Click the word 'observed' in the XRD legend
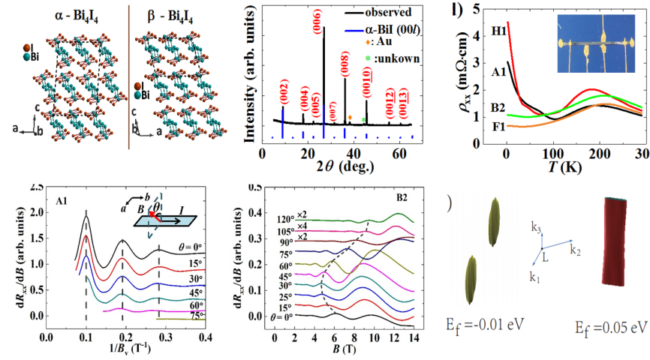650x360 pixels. tap(389, 13)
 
